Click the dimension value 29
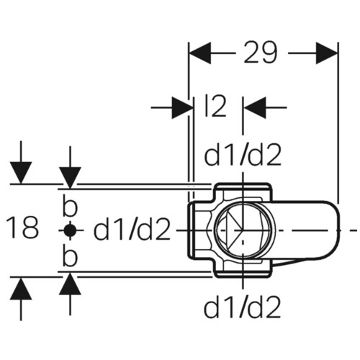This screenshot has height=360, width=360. click(261, 53)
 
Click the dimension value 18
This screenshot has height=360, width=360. click(22, 227)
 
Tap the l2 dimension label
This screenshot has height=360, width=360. click(216, 106)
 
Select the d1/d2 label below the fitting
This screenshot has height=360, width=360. click(243, 307)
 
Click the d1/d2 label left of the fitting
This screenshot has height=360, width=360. click(132, 230)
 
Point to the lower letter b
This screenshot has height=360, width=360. click(70, 255)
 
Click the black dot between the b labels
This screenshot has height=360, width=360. click(70, 230)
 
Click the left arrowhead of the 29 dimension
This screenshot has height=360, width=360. click(200, 53)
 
